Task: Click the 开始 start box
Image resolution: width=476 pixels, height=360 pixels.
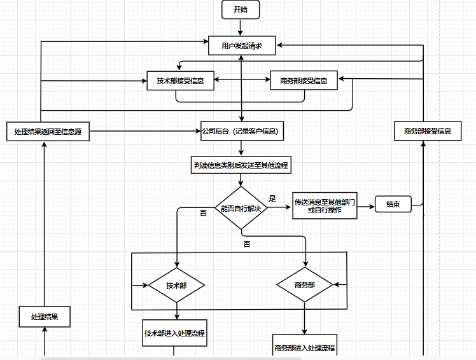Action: click(241, 10)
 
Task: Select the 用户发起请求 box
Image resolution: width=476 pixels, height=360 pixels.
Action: click(242, 46)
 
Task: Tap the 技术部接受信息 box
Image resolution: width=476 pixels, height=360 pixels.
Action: click(180, 81)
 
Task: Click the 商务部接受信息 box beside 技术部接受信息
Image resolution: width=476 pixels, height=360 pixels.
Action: click(304, 80)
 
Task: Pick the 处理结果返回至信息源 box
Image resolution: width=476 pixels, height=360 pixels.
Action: click(48, 132)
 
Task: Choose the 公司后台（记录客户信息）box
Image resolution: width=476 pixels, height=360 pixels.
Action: click(242, 131)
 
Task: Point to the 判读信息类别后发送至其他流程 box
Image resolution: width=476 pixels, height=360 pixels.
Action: click(241, 165)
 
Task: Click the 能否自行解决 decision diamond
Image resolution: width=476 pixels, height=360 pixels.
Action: click(241, 208)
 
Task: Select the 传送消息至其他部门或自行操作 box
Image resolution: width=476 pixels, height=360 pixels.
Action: click(325, 206)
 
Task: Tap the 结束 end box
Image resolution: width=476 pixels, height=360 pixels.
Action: click(393, 204)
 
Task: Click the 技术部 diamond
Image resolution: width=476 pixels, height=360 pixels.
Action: click(177, 286)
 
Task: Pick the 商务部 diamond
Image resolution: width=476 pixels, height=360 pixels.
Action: click(305, 285)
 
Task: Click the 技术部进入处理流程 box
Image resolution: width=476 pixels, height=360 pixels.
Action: click(174, 333)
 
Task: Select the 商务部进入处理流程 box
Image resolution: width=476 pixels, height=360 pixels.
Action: click(305, 345)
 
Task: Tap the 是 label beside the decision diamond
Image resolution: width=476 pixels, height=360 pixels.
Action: click(272, 198)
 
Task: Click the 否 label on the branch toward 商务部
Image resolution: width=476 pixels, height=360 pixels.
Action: click(247, 244)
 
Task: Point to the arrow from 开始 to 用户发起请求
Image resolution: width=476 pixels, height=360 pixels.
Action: click(241, 27)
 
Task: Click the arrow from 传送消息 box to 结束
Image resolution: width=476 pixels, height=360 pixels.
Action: click(366, 207)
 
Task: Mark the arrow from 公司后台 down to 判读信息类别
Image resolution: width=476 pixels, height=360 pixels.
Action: click(241, 148)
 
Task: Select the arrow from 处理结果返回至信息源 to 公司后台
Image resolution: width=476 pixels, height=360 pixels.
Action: click(145, 131)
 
